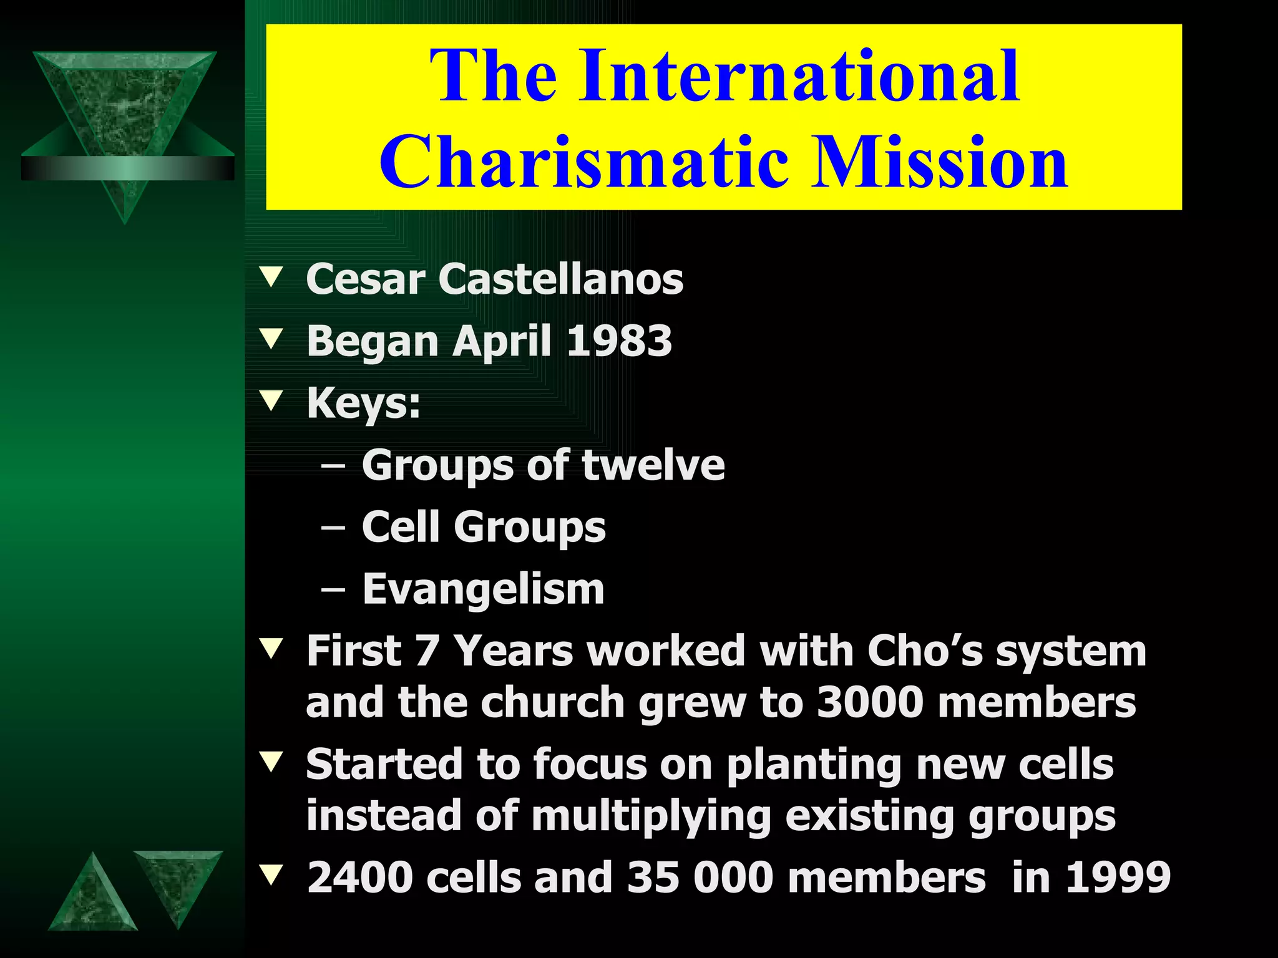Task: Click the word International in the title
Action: point(799,76)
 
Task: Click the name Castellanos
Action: point(560,279)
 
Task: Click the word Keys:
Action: point(363,403)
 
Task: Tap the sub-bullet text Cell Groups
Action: point(484,527)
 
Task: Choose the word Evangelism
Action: point(484,589)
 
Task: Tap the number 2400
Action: point(360,878)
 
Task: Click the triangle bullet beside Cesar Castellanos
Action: point(271,277)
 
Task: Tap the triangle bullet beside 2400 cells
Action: point(271,875)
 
